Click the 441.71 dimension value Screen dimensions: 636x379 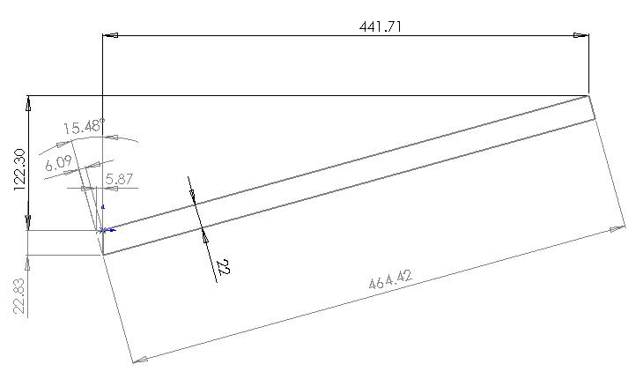381,26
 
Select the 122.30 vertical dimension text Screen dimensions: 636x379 20,169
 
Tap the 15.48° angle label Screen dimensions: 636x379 85,127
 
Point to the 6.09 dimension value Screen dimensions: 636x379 59,163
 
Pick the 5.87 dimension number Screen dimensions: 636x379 119,179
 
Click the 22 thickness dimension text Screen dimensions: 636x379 223,267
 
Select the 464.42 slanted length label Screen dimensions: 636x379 390,279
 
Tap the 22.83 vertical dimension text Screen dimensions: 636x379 20,296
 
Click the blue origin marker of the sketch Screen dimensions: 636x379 103,230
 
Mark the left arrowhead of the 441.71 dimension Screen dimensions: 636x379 110,35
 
